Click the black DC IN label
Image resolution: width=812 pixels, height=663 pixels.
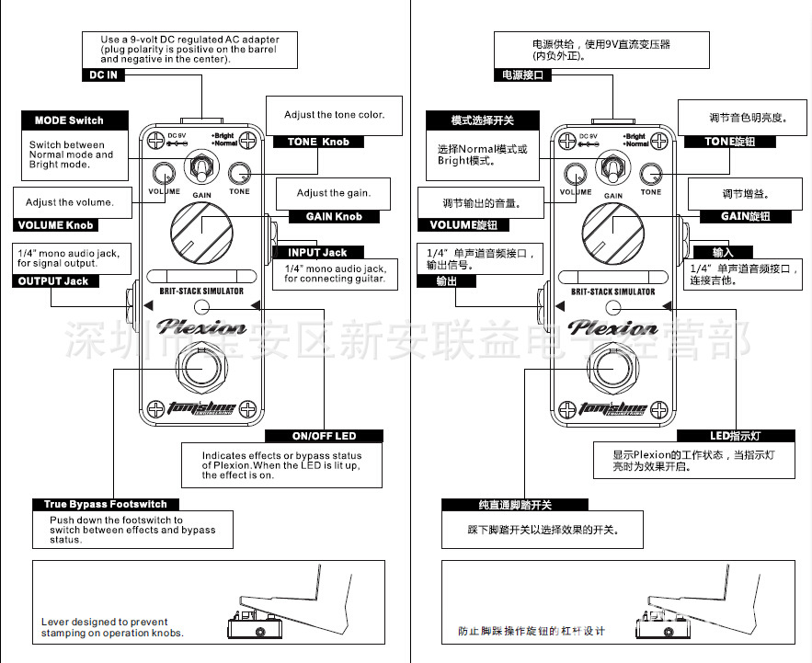pyautogui.click(x=104, y=74)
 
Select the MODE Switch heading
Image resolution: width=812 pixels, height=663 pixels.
pyautogui.click(x=70, y=120)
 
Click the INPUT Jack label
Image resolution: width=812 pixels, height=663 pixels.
pyautogui.click(x=318, y=252)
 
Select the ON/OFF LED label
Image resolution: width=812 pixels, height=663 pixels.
pyautogui.click(x=324, y=435)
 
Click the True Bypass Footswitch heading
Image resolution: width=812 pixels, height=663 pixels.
pyautogui.click(x=106, y=504)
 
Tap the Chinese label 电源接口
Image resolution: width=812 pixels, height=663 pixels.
pyautogui.click(x=523, y=75)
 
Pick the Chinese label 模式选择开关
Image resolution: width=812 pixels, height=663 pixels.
pyautogui.click(x=483, y=120)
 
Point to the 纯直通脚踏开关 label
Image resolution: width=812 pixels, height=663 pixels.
pyautogui.click(x=514, y=505)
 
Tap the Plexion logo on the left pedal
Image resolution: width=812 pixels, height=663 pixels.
pyautogui.click(x=200, y=327)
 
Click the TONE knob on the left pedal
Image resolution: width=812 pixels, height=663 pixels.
pyautogui.click(x=239, y=173)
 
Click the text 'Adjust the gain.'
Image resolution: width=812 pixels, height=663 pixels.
pyautogui.click(x=333, y=193)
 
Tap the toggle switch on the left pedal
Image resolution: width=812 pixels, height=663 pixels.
pyautogui.click(x=200, y=168)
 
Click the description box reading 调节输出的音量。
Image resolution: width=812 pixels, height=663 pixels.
pyautogui.click(x=475, y=202)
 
